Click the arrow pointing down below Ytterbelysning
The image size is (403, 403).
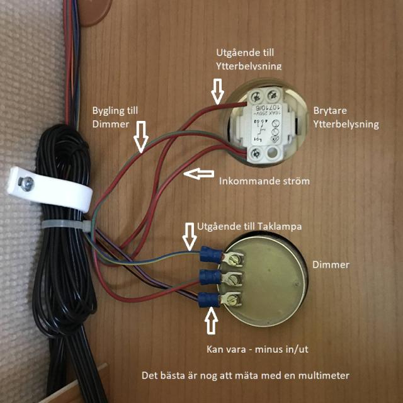pyautogui.click(x=217, y=89)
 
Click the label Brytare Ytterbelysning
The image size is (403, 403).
pyautogui.click(x=346, y=116)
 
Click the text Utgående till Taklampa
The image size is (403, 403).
pyautogui.click(x=240, y=225)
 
